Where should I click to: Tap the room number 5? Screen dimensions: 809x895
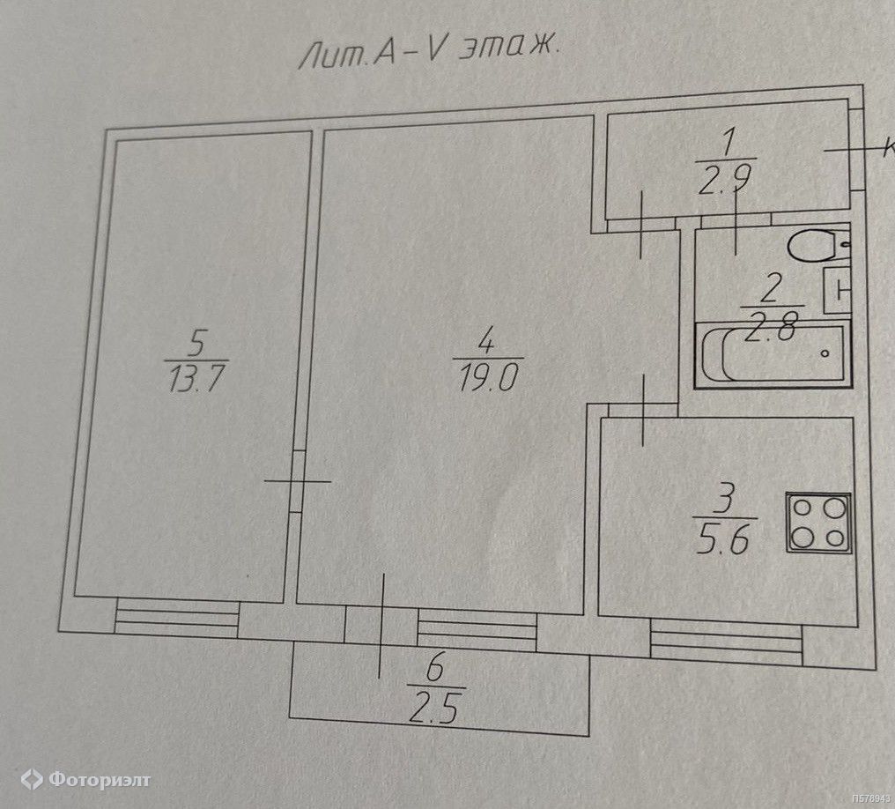(198, 340)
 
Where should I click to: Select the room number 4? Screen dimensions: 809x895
(484, 338)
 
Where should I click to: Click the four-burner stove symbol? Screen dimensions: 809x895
(818, 523)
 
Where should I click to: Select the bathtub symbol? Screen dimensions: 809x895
(771, 354)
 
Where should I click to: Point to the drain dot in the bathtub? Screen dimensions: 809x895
(825, 353)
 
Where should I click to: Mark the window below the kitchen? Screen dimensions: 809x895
(726, 641)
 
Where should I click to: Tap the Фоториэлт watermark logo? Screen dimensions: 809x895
(85, 779)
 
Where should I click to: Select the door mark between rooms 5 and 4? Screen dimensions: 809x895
(297, 481)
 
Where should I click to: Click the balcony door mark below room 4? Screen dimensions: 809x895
(381, 626)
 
